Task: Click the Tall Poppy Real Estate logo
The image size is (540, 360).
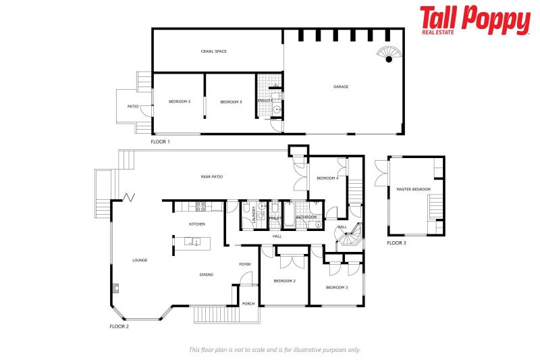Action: (475, 20)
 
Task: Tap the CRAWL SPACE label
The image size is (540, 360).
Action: (213, 51)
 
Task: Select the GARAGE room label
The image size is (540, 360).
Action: (341, 86)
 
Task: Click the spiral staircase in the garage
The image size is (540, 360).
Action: (388, 55)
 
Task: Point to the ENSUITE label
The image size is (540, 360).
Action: (265, 101)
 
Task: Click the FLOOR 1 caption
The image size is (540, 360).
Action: (160, 142)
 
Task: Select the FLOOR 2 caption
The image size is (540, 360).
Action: (119, 326)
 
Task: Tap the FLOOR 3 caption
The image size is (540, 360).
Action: (396, 242)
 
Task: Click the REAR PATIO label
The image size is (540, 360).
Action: (211, 177)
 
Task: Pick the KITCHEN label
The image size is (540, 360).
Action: (196, 224)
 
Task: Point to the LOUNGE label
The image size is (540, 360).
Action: (140, 260)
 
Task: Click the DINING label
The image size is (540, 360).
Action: (207, 275)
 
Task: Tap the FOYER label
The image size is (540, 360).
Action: (244, 264)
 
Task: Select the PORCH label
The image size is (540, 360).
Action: (248, 304)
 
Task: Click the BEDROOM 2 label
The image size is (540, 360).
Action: (284, 281)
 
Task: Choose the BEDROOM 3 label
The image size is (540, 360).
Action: (336, 288)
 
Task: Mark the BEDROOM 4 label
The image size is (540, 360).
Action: (327, 178)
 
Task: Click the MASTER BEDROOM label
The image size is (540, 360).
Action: (413, 190)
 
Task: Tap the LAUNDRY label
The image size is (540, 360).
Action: (254, 214)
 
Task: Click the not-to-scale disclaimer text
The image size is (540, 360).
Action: (274, 350)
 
